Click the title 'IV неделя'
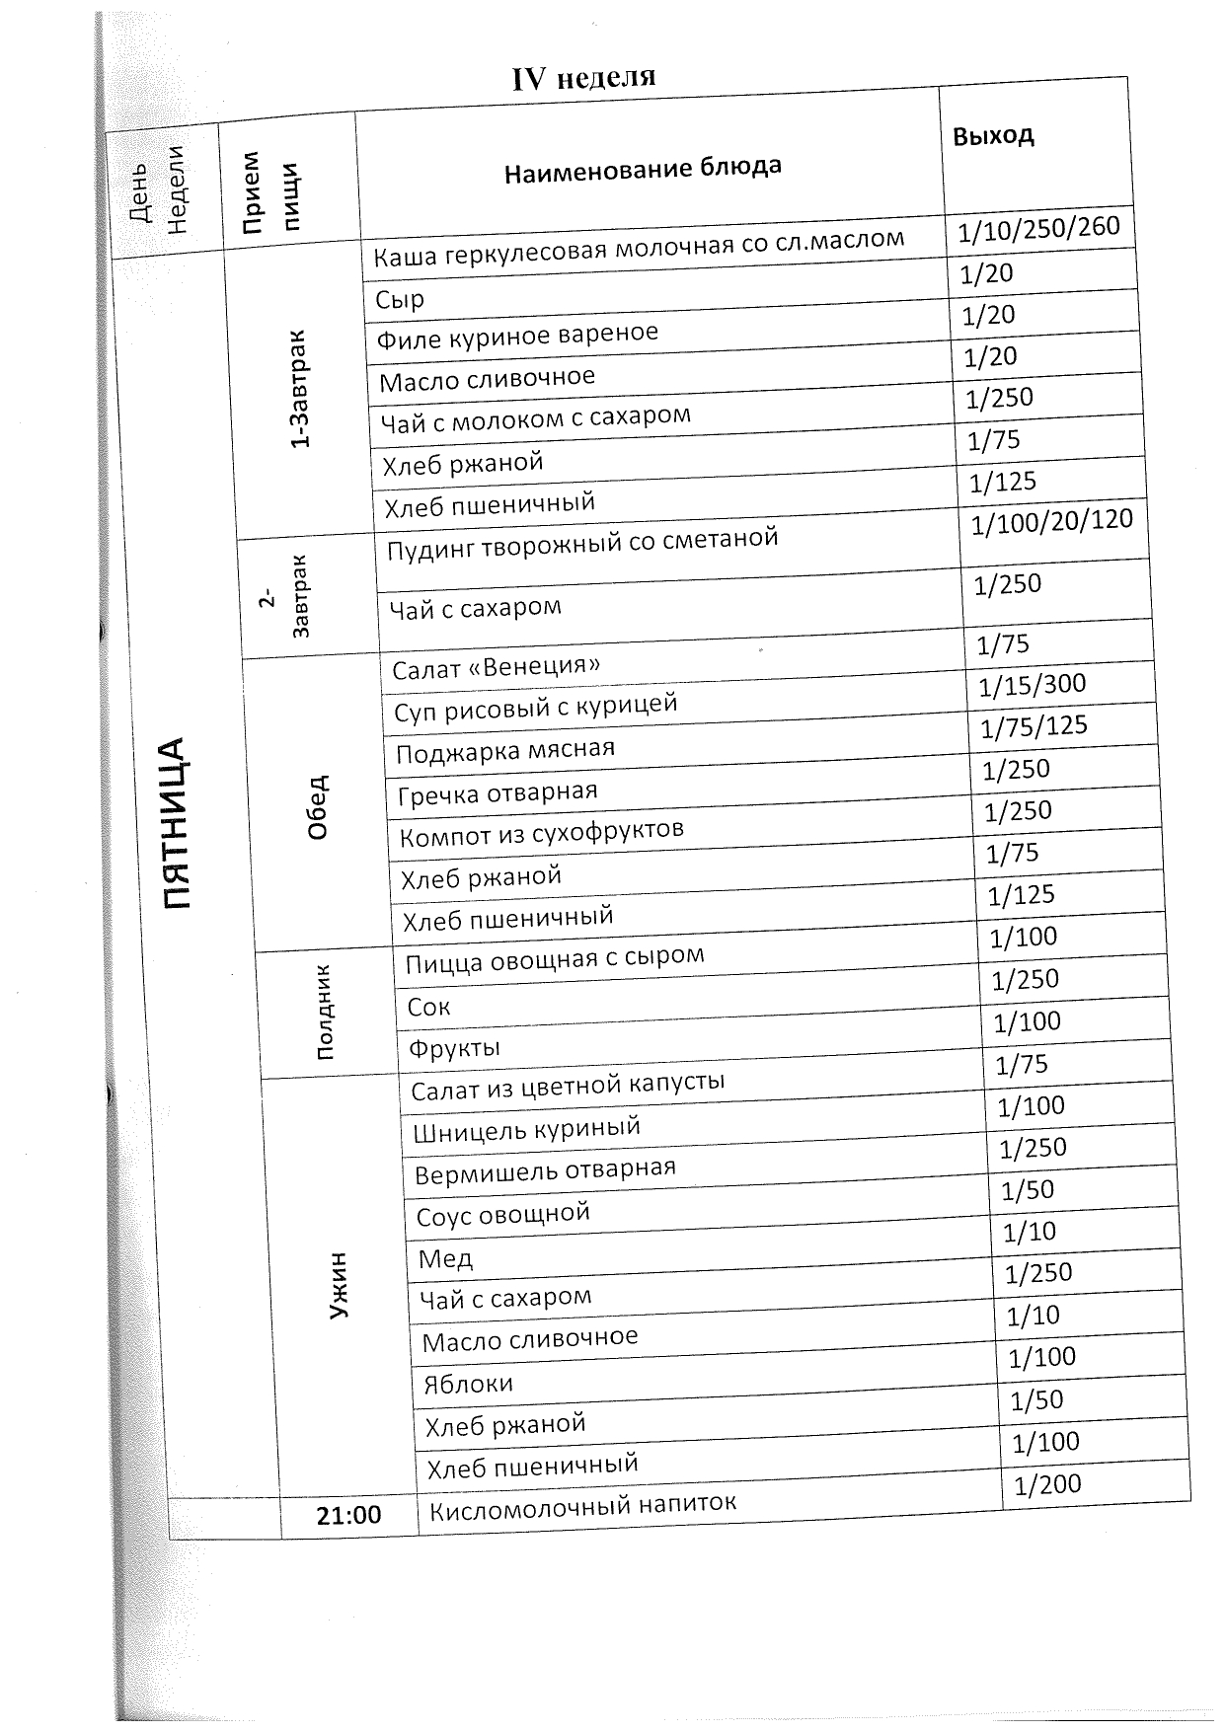coord(583,78)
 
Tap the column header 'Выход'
coord(993,135)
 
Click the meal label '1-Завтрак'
coord(299,389)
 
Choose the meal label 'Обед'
coord(317,806)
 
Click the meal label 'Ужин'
coord(339,1285)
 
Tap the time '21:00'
coord(348,1515)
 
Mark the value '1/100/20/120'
coord(1051,520)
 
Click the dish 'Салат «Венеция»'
coord(496,667)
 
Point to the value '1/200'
coord(1047,1484)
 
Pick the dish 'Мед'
coord(445,1258)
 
